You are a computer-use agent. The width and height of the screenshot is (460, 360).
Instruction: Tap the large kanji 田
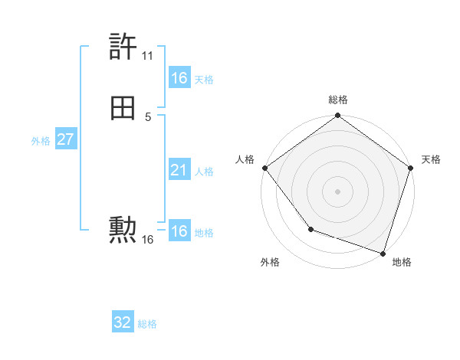coord(123,110)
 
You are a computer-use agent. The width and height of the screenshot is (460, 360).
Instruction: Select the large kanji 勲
coord(123,229)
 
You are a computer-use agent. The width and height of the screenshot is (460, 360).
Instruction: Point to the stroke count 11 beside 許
coord(147,56)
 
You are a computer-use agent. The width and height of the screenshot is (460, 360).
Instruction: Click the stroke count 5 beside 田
coord(148,116)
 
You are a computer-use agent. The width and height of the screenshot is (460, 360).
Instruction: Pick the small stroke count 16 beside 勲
coord(148,240)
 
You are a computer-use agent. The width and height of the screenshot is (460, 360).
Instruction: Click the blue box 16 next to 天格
coord(179,78)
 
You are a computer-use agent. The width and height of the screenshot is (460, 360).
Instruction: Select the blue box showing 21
coord(179,170)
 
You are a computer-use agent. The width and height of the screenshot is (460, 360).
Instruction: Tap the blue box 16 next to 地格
coord(179,231)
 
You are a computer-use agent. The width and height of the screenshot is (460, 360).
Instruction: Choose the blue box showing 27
coord(66,139)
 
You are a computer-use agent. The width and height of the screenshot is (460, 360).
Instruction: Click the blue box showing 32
coord(123,322)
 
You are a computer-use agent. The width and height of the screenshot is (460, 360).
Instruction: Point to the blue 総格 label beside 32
coord(147,324)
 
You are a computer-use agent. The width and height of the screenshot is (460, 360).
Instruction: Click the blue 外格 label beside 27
coord(41,141)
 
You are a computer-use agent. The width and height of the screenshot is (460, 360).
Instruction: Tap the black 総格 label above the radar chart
coord(338,100)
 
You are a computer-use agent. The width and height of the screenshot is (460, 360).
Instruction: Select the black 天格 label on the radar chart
coord(431,159)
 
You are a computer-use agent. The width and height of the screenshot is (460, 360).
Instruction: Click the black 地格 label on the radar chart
coord(402,262)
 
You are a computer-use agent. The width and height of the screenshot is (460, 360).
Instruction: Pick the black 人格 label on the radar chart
coord(245,159)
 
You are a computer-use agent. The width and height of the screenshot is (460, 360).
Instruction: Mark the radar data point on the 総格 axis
coord(338,116)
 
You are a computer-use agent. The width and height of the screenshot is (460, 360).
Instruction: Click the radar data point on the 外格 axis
coord(310,229)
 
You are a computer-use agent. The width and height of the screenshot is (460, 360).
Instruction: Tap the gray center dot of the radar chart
coord(338,191)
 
